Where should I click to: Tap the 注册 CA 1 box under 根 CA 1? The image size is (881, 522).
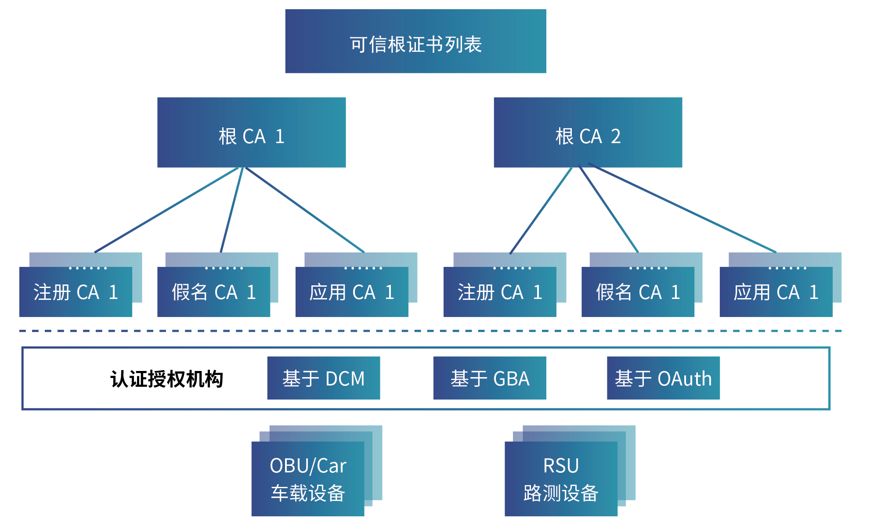point(76,292)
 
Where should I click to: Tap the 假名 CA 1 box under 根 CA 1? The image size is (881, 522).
point(213,292)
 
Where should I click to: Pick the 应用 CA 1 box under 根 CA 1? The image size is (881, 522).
point(351,292)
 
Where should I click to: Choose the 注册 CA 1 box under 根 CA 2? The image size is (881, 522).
point(500,292)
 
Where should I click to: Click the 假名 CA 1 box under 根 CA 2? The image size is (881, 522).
point(638,292)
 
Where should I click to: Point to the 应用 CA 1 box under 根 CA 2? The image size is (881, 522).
point(776,292)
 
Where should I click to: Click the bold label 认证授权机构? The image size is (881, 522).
point(166,379)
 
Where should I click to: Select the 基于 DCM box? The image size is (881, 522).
point(323,378)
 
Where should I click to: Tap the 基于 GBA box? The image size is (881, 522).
point(489,378)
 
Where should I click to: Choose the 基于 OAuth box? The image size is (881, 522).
point(663,378)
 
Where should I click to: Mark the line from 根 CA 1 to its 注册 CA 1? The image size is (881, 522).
point(167,210)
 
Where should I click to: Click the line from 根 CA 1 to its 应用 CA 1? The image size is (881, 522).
point(305,210)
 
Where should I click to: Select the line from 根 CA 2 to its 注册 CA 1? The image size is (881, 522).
point(541,210)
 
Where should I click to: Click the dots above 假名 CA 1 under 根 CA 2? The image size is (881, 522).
point(648,268)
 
